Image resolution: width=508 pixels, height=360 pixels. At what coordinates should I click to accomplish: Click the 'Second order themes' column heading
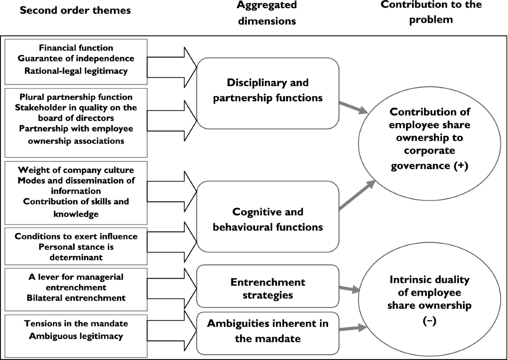click(75, 11)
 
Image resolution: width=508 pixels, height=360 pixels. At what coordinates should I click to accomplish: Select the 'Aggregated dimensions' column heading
click(267, 13)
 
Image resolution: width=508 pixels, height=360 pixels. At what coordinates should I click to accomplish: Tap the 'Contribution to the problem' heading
click(431, 12)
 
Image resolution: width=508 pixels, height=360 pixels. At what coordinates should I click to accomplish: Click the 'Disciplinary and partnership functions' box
click(268, 90)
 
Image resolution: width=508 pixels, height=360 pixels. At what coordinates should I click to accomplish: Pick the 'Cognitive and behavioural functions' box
click(268, 219)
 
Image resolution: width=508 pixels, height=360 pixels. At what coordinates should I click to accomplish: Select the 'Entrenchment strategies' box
click(268, 288)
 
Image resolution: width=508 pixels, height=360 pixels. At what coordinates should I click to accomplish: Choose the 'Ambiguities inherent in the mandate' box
click(268, 331)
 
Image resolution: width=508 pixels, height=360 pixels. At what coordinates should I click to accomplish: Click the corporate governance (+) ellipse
click(430, 139)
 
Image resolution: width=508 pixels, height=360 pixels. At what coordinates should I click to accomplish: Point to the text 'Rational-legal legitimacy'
click(76, 71)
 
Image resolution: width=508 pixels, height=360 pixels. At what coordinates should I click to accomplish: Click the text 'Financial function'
click(76, 48)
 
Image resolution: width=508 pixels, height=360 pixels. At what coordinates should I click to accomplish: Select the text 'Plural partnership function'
click(76, 97)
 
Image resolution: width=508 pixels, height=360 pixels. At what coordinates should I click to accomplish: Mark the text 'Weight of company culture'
click(76, 170)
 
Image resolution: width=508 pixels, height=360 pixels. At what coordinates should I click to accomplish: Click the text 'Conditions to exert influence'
click(76, 236)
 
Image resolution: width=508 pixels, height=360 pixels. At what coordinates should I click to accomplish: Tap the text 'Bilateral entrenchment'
click(76, 297)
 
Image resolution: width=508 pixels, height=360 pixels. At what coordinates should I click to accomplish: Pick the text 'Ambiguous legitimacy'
click(76, 336)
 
